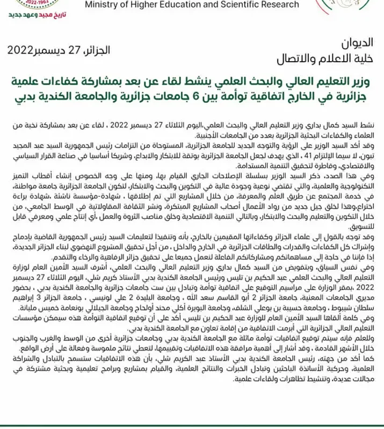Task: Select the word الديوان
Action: point(357,42)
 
